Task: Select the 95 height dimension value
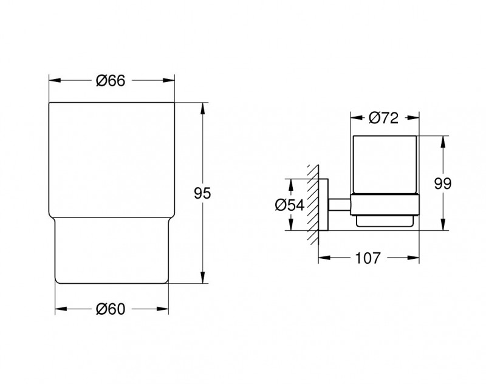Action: pos(202,194)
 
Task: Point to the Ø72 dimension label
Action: pos(384,118)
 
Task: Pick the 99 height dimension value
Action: pos(443,184)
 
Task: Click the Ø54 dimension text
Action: pos(289,205)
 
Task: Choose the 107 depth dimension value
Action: pos(368,258)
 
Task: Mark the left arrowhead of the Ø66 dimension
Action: pos(53,80)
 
